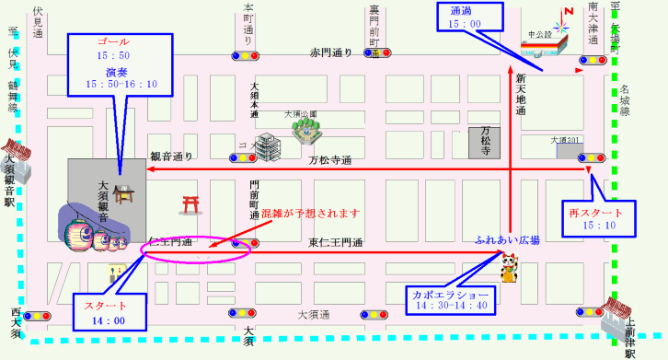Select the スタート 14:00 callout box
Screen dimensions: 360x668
(x=107, y=312)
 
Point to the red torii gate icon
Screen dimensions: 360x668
(x=191, y=203)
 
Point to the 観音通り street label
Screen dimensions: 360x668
(x=171, y=157)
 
